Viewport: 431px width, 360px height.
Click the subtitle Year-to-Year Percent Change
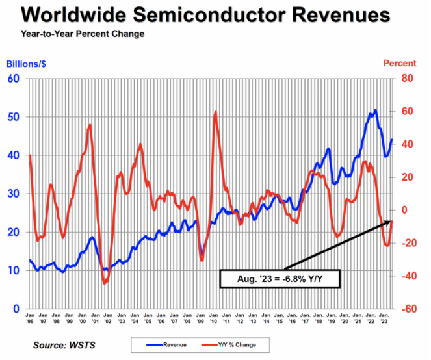point(83,34)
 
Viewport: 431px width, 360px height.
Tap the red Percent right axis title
point(400,64)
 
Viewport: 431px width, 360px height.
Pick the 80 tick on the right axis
point(408,79)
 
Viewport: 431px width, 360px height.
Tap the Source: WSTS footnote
point(64,344)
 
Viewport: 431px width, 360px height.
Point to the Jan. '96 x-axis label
point(30,318)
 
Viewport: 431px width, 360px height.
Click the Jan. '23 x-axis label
point(385,318)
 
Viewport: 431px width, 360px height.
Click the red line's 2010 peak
point(215,112)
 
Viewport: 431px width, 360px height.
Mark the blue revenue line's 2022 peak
point(375,110)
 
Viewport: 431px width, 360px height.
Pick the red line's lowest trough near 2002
point(105,283)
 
